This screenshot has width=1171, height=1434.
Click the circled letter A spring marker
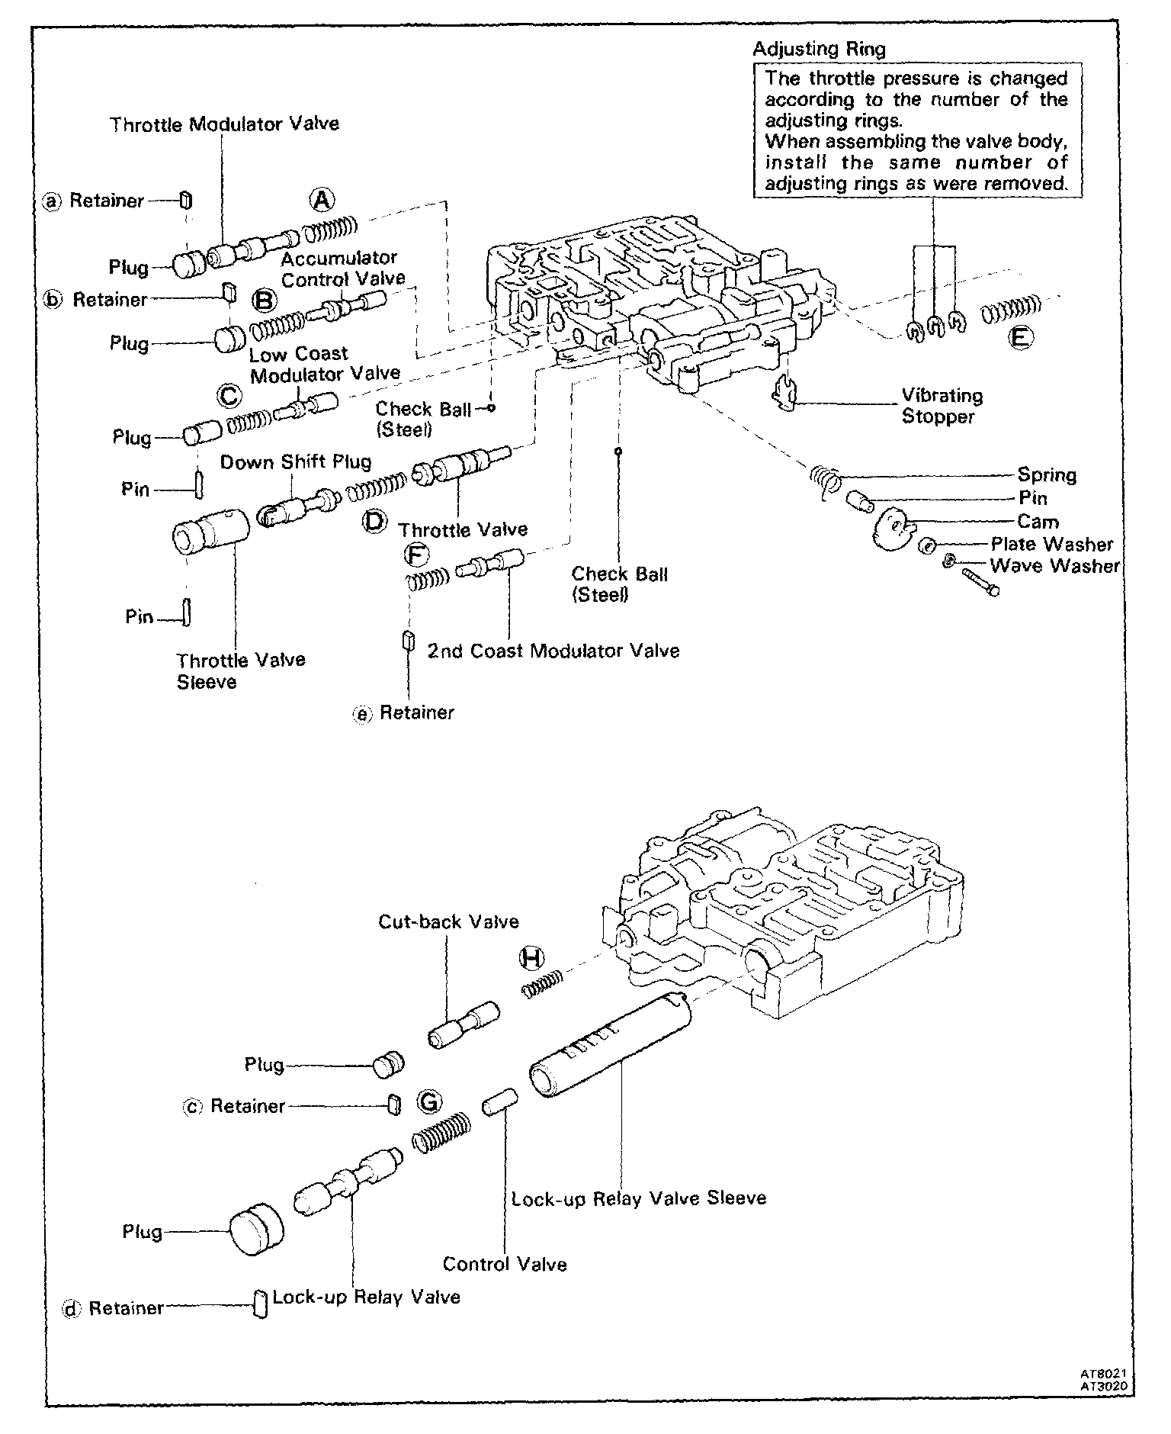(x=322, y=200)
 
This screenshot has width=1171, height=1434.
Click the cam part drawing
(x=893, y=529)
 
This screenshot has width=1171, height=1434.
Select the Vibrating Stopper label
(x=942, y=406)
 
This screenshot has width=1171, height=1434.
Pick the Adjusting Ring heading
(x=819, y=50)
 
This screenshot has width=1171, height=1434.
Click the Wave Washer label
(x=1054, y=566)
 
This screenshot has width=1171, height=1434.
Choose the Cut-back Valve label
(x=448, y=921)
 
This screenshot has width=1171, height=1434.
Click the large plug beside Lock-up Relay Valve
(x=255, y=1230)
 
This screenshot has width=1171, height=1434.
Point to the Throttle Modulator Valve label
(x=224, y=124)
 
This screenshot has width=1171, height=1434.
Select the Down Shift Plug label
(x=296, y=461)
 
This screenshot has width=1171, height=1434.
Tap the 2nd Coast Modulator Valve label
(x=553, y=651)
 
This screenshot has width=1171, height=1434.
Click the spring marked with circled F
(x=424, y=580)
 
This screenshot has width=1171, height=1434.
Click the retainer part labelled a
(x=185, y=201)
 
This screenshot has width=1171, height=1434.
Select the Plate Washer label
(x=1051, y=545)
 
